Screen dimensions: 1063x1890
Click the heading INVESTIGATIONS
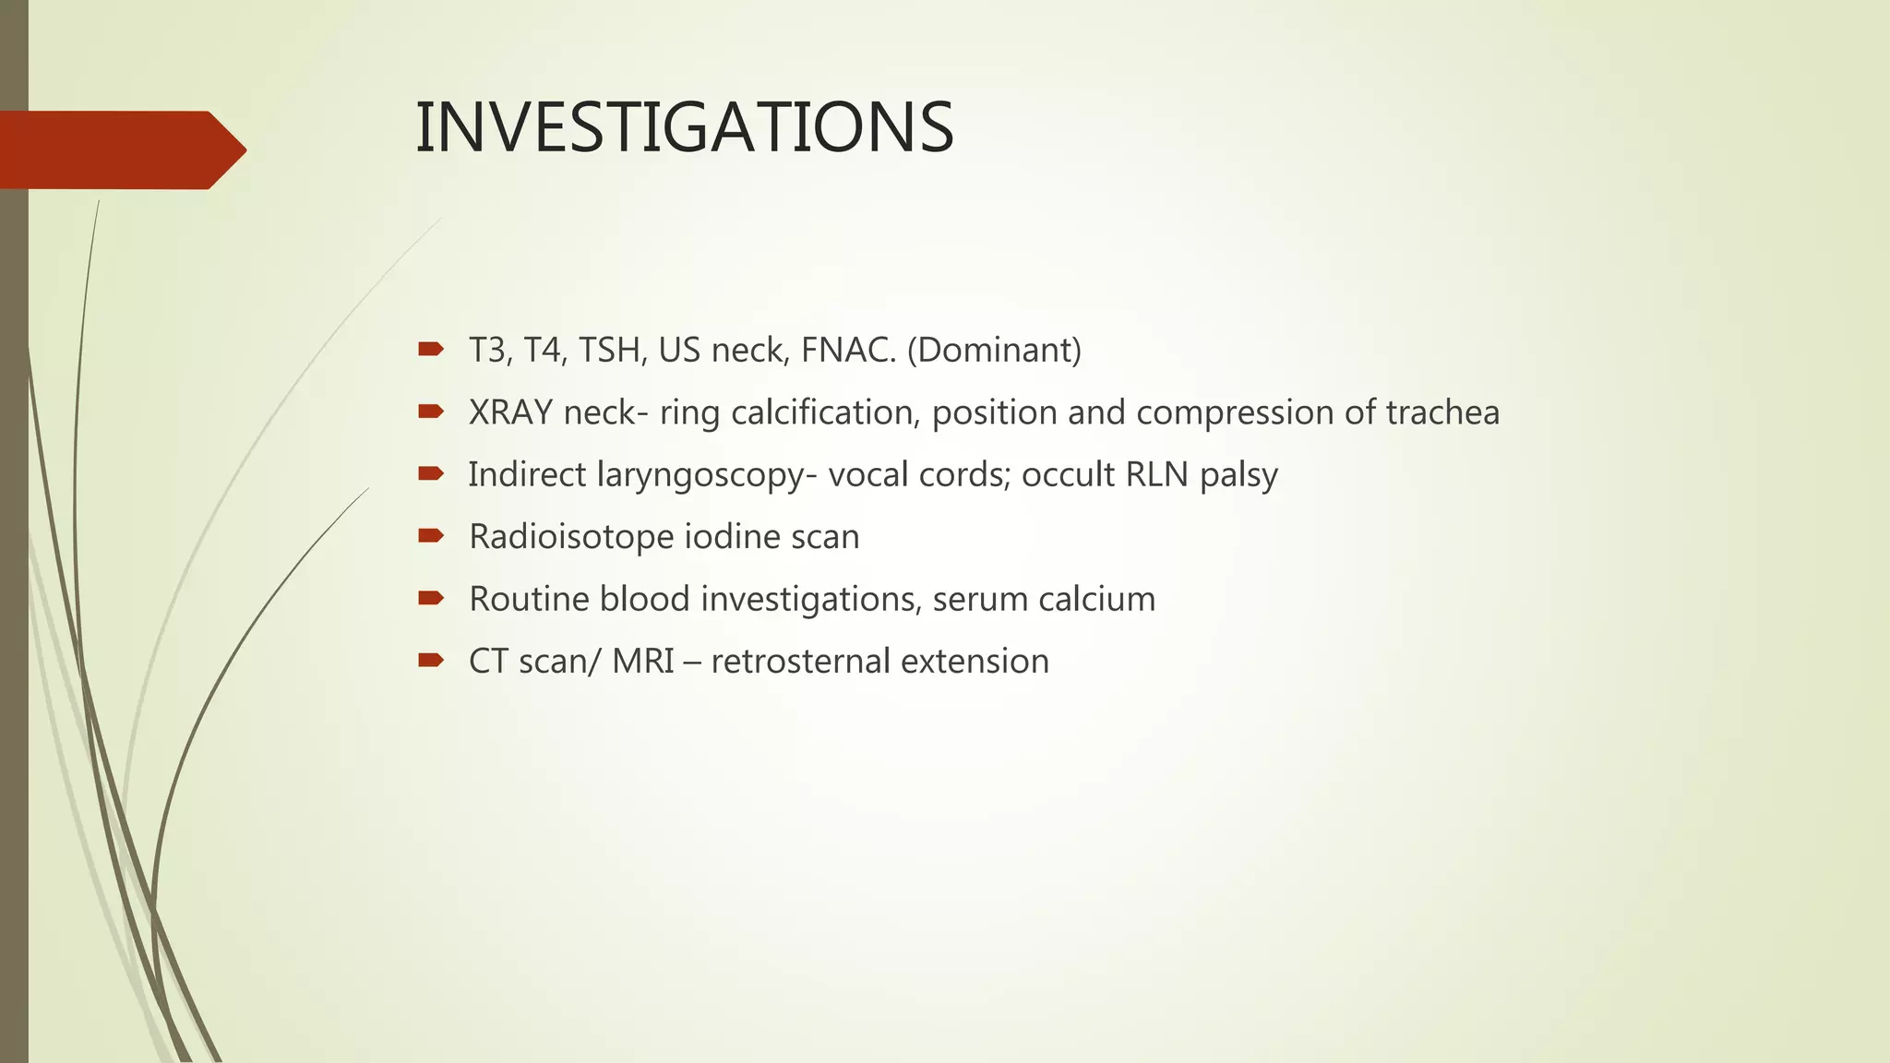684,127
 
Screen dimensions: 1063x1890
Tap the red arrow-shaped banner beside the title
120,150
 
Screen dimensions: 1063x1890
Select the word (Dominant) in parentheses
994,351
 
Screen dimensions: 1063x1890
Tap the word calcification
825,412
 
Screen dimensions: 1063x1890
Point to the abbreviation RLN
1157,474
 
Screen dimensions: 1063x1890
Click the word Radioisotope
571,537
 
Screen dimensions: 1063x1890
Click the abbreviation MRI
642,662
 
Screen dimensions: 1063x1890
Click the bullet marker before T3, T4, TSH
430,349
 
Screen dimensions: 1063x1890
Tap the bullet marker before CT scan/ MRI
430,660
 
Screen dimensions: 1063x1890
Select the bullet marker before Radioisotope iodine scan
430,535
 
